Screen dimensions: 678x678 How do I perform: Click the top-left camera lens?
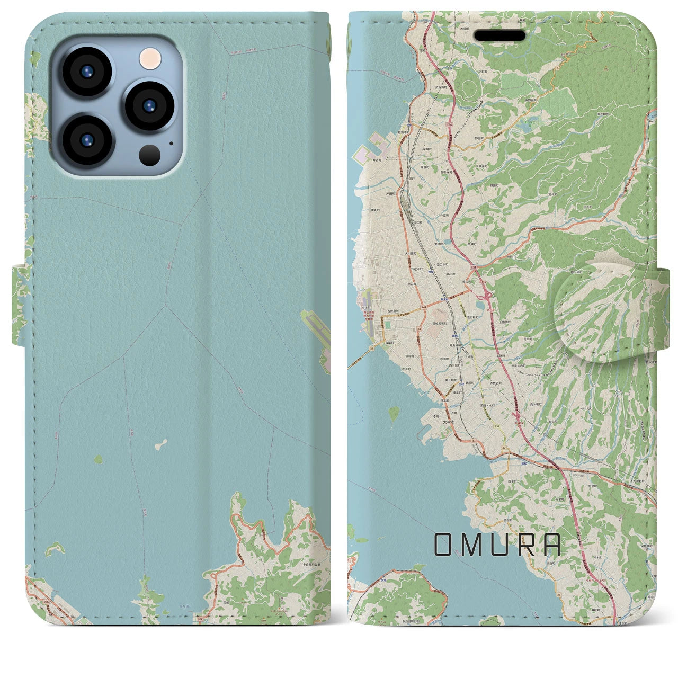click(87, 72)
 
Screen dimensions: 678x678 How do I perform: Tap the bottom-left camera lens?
click(87, 140)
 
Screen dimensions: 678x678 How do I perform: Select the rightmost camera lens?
click(150, 105)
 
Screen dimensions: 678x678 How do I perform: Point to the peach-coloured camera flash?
click(150, 58)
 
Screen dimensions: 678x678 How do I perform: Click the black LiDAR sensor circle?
click(150, 155)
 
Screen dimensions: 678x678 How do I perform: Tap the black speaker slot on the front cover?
click(499, 35)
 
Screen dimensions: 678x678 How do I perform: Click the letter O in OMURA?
click(444, 545)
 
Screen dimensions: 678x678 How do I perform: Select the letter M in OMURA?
click(471, 545)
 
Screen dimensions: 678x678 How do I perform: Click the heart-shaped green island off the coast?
click(393, 413)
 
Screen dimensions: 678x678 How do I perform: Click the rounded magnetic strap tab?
click(604, 313)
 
